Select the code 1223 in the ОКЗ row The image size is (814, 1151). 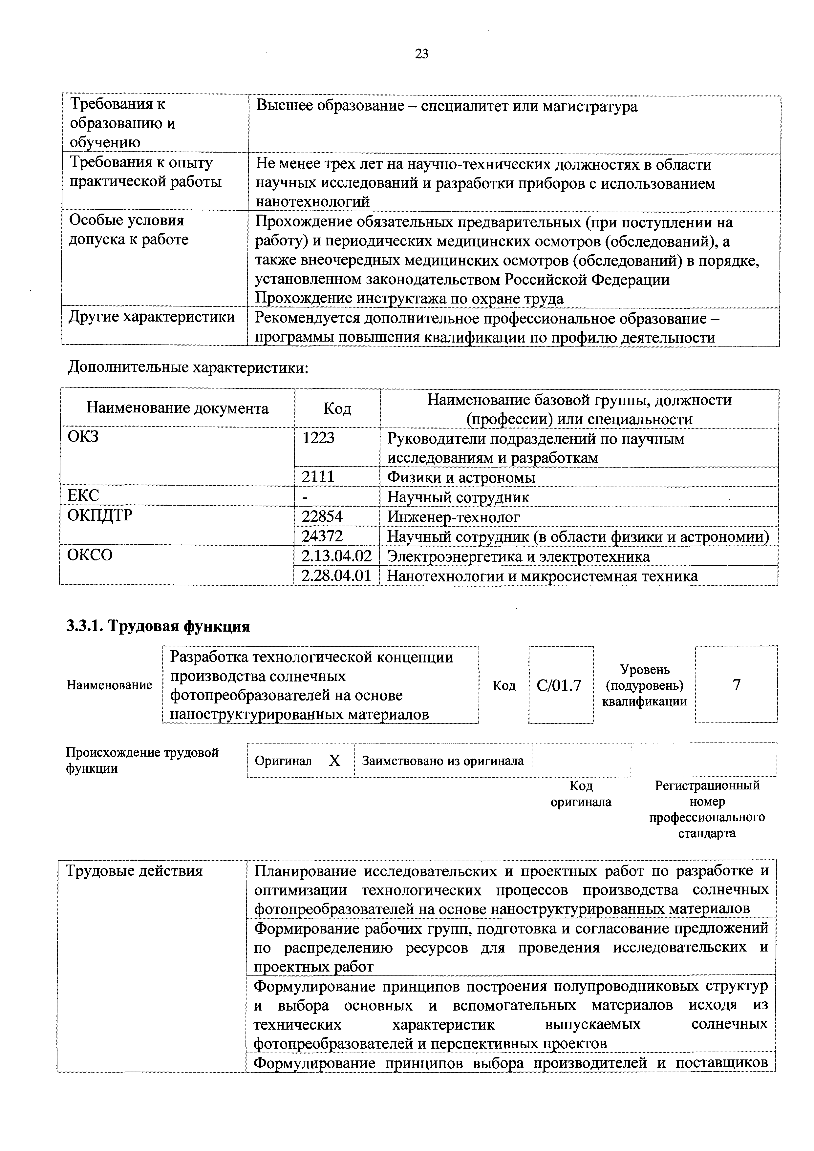[x=318, y=438]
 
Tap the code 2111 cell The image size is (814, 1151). [x=318, y=477]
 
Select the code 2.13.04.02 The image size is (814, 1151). [x=336, y=556]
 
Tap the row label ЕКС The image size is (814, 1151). [x=84, y=496]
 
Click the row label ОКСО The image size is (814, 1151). [x=90, y=555]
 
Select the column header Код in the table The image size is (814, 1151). [x=337, y=408]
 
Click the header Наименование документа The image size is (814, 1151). [x=178, y=408]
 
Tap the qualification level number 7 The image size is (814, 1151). [x=736, y=685]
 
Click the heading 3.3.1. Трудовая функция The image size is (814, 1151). [x=158, y=627]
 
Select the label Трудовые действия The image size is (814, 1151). [x=135, y=871]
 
